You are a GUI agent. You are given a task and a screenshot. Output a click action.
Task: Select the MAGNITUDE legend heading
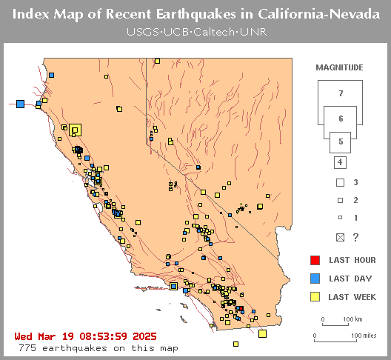pyautogui.click(x=339, y=67)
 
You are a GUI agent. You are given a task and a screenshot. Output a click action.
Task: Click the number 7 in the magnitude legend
pyautogui.click(x=340, y=93)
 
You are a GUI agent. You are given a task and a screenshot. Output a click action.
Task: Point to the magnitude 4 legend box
pyautogui.click(x=340, y=162)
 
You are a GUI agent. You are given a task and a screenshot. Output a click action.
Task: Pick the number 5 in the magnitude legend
pyautogui.click(x=340, y=141)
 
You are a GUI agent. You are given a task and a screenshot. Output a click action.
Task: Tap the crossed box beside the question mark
pyautogui.click(x=340, y=237)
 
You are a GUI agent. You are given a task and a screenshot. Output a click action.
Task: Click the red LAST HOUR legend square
pyautogui.click(x=315, y=260)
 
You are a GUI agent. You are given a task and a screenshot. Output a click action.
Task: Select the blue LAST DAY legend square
pyautogui.click(x=315, y=279)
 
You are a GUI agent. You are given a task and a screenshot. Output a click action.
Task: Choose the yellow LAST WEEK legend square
pyautogui.click(x=315, y=297)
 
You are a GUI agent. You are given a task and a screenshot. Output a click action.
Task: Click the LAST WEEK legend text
pyautogui.click(x=352, y=298)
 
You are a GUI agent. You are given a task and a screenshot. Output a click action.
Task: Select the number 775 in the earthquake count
pyautogui.click(x=27, y=347)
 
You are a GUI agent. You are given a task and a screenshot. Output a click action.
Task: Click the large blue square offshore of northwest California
pyautogui.click(x=21, y=104)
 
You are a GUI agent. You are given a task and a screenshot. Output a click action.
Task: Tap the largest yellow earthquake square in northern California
pyautogui.click(x=75, y=130)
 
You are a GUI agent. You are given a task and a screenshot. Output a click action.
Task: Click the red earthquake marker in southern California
pyautogui.click(x=240, y=309)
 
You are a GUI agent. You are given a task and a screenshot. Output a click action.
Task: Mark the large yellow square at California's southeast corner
pyautogui.click(x=262, y=333)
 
